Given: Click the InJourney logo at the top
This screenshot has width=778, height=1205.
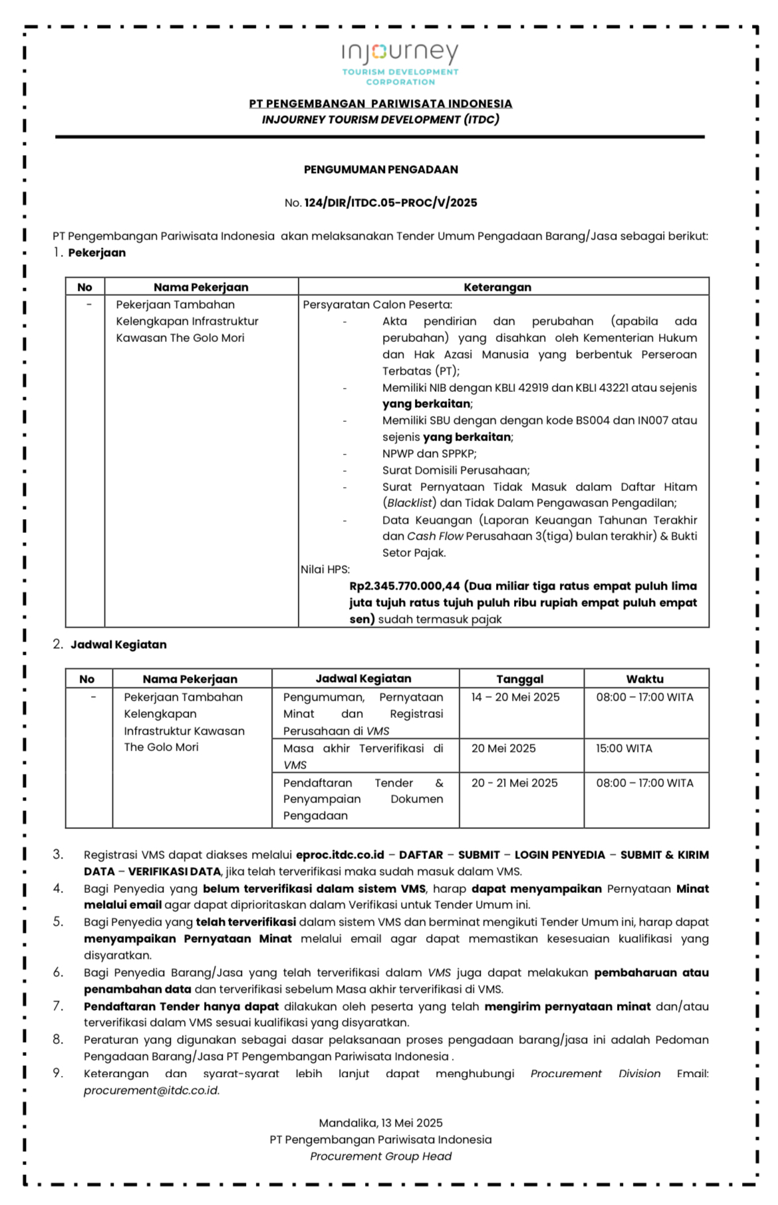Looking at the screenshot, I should pyautogui.click(x=400, y=63).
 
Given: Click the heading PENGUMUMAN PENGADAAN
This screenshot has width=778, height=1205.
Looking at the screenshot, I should pyautogui.click(x=381, y=170).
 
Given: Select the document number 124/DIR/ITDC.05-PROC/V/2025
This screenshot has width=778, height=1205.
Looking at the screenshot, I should pyautogui.click(x=390, y=203).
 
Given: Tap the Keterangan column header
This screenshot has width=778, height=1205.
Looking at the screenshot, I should pyautogui.click(x=497, y=287).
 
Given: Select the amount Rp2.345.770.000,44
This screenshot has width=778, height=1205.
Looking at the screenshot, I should pyautogui.click(x=404, y=586).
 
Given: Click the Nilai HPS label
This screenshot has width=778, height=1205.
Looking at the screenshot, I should pyautogui.click(x=325, y=570).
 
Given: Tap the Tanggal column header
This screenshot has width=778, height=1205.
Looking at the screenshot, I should pyautogui.click(x=520, y=679).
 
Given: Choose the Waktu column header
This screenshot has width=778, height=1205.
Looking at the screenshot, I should pyautogui.click(x=644, y=679).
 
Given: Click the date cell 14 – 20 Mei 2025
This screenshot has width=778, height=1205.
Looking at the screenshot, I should pyautogui.click(x=515, y=697).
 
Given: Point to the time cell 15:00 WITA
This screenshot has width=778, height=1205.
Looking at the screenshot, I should pyautogui.click(x=624, y=749).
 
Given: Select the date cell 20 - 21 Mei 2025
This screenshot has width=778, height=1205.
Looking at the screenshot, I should pyautogui.click(x=514, y=783).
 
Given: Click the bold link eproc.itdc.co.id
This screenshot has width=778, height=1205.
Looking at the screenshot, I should pyautogui.click(x=340, y=855).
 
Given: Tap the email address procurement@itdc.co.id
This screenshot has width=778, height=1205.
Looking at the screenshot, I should pyautogui.click(x=151, y=1091).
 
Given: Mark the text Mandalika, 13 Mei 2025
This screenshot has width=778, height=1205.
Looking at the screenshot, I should pyautogui.click(x=380, y=1123).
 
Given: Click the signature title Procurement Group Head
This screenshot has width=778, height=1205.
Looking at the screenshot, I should pyautogui.click(x=380, y=1156).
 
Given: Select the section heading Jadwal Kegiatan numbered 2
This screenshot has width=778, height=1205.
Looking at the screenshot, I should pyautogui.click(x=118, y=645).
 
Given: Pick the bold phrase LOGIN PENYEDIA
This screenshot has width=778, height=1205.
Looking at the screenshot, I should pyautogui.click(x=559, y=855).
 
